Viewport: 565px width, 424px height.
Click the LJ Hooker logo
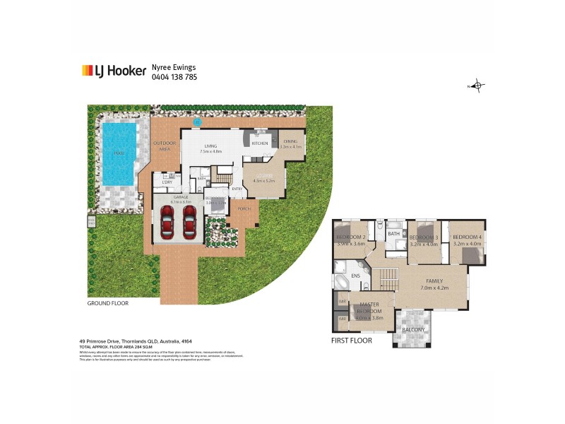pyautogui.click(x=113, y=71)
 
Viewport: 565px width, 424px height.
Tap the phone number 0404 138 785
pyautogui.click(x=174, y=76)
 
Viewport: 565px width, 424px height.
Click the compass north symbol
pyautogui.click(x=477, y=86)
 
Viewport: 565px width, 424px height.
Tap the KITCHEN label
pyautogui.click(x=259, y=143)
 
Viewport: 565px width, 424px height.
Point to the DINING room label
pyautogui.click(x=291, y=142)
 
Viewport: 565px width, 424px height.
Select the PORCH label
pyautogui.click(x=244, y=209)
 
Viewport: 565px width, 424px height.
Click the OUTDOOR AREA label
pyautogui.click(x=165, y=146)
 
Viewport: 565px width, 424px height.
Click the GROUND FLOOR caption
pyautogui.click(x=107, y=303)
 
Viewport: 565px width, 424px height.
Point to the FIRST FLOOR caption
pyautogui.click(x=350, y=340)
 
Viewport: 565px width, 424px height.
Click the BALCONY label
pyautogui.click(x=413, y=330)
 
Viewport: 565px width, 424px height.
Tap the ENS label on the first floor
pyautogui.click(x=346, y=274)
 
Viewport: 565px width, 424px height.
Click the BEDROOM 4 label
pyautogui.click(x=467, y=237)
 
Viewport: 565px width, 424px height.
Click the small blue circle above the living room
pyautogui.click(x=197, y=122)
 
